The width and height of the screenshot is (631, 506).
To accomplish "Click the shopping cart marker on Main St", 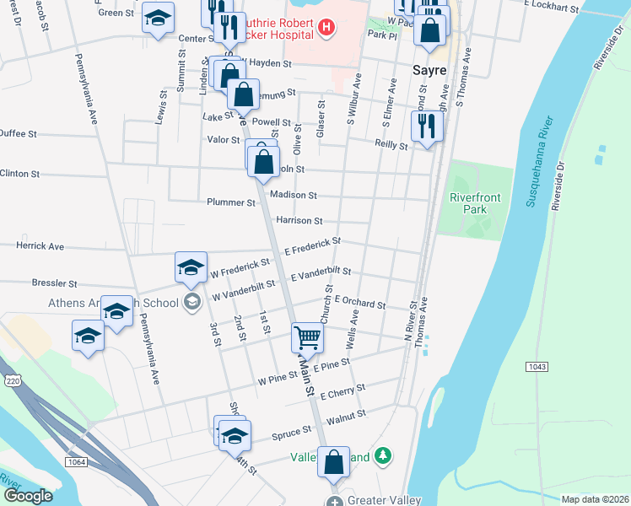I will pos(308,337).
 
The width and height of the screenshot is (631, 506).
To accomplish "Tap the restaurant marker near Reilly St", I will pos(426,126).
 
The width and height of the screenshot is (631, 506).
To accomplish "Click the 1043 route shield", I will pos(540,366).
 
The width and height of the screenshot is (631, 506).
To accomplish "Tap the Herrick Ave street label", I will pos(40,246).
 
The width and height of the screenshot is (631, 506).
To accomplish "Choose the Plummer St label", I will pos(231,202).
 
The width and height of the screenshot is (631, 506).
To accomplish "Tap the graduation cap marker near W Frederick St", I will pos(191,266).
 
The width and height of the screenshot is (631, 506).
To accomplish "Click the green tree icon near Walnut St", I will pos(384,455).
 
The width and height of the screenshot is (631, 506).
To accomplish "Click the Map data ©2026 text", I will pos(594,499).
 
